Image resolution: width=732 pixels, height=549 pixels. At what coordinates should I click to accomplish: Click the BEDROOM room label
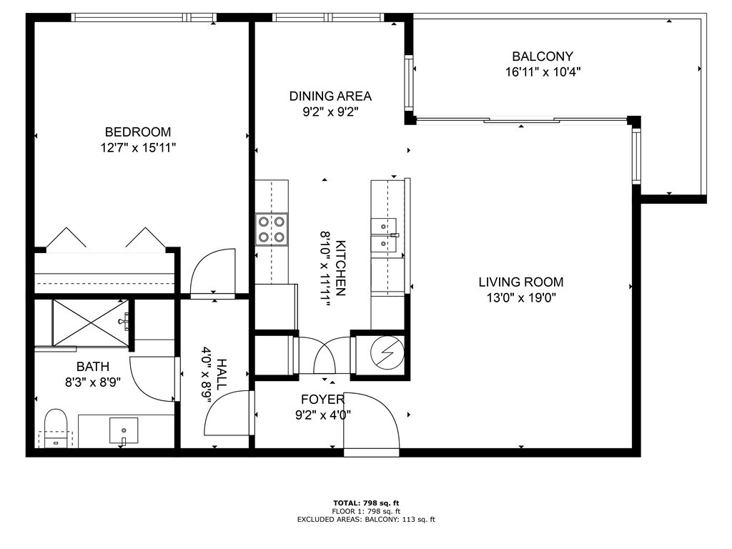[x=138, y=132]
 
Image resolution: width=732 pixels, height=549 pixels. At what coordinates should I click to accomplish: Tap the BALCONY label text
[x=543, y=56]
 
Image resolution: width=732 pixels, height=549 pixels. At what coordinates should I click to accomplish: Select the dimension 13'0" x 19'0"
[x=521, y=298]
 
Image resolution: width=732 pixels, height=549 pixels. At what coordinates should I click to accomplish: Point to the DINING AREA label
[x=330, y=97]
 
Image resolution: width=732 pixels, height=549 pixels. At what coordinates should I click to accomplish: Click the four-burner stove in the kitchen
[x=271, y=229]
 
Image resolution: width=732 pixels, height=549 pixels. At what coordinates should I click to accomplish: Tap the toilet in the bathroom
[x=56, y=428]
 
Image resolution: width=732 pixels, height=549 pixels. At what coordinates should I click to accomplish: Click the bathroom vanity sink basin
[x=124, y=430]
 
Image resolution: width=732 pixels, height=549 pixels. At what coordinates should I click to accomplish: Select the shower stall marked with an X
[x=91, y=322]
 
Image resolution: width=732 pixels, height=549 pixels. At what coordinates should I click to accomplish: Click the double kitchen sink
[x=384, y=234]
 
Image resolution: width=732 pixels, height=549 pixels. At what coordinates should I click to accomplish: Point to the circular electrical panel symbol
[x=387, y=352]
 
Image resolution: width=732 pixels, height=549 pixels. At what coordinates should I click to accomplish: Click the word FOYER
[x=322, y=400]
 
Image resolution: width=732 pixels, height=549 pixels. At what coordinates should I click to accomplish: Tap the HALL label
[x=222, y=375]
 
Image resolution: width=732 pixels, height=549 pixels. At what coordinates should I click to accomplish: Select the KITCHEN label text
[x=340, y=268]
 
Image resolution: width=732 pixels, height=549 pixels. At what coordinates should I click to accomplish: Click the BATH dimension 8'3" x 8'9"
[x=93, y=383]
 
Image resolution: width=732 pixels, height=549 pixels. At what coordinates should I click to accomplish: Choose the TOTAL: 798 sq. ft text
[x=366, y=503]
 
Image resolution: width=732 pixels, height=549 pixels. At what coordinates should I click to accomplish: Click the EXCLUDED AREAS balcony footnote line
[x=366, y=519]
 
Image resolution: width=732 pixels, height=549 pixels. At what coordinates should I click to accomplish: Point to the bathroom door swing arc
[x=155, y=379]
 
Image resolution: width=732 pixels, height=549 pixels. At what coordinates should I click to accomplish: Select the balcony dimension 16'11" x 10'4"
[x=543, y=72]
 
